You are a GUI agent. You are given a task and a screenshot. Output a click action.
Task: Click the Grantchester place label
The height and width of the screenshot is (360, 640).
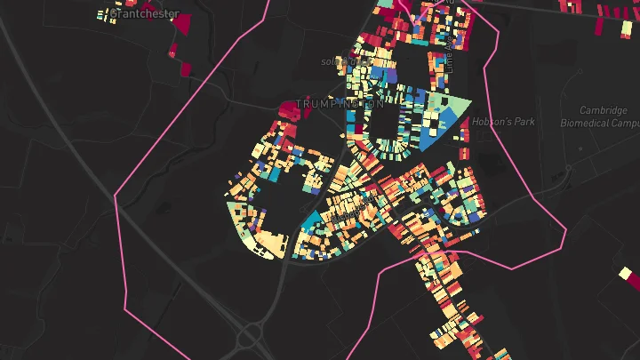click(x=145, y=14)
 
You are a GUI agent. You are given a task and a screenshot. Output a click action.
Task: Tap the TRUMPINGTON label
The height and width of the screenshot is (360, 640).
click(x=340, y=105)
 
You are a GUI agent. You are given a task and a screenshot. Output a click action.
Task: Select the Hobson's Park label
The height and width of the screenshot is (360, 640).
click(x=503, y=122)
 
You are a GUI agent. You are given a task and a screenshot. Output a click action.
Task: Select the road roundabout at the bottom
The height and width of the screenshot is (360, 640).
click(x=248, y=337)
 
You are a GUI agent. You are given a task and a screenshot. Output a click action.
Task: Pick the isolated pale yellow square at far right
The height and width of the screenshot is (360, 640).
click(x=625, y=274)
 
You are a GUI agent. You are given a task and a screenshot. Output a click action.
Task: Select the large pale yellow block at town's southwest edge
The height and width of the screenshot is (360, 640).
click(x=270, y=244)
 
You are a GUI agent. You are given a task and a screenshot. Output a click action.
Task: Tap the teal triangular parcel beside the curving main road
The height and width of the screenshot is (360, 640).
click(x=310, y=222)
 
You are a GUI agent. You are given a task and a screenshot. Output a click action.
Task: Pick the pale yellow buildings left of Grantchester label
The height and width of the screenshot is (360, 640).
click(x=108, y=14)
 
